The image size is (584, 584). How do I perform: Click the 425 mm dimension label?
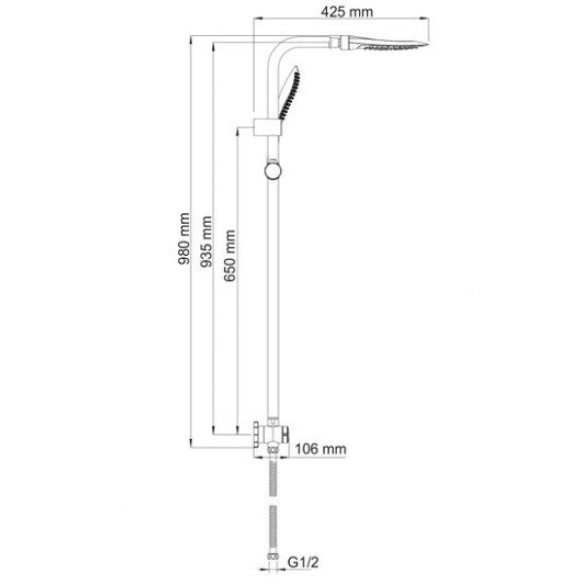(347, 12)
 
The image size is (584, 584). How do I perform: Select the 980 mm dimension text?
(184, 238)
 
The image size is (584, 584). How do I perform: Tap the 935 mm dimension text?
(206, 241)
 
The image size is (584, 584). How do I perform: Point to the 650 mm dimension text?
(230, 256)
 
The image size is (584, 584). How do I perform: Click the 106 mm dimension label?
(320, 449)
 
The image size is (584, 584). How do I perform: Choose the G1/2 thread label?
(304, 563)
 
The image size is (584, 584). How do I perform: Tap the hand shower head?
(289, 92)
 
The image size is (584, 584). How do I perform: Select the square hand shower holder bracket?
(267, 128)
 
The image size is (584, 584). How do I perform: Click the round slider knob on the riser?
(273, 170)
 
